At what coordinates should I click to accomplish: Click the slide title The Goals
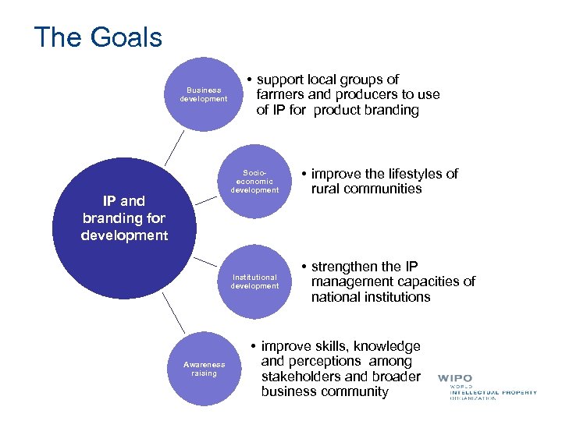98,37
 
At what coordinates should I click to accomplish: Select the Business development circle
204,94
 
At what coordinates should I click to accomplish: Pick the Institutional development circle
254,281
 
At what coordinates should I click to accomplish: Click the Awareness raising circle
204,368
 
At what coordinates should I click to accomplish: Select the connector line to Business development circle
176,147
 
